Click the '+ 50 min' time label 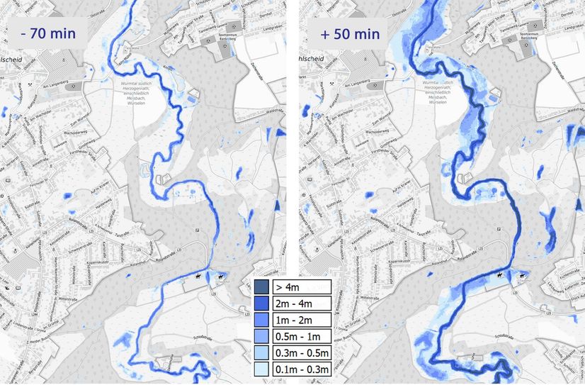click(x=348, y=33)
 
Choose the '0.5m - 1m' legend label click(x=301, y=336)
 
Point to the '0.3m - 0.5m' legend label click(x=301, y=352)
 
